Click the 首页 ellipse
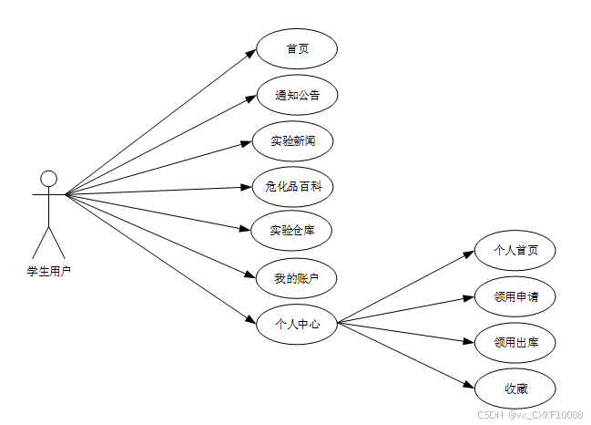click(x=297, y=49)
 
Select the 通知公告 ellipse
click(x=297, y=95)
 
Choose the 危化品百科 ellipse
click(x=293, y=186)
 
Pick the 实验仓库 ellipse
click(x=293, y=230)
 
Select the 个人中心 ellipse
click(x=297, y=322)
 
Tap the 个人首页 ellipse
click(x=515, y=248)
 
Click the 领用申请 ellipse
click(x=515, y=296)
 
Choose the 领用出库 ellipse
click(x=515, y=343)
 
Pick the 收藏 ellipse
click(x=515, y=389)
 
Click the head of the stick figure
click(x=49, y=178)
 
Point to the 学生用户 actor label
click(x=48, y=270)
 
